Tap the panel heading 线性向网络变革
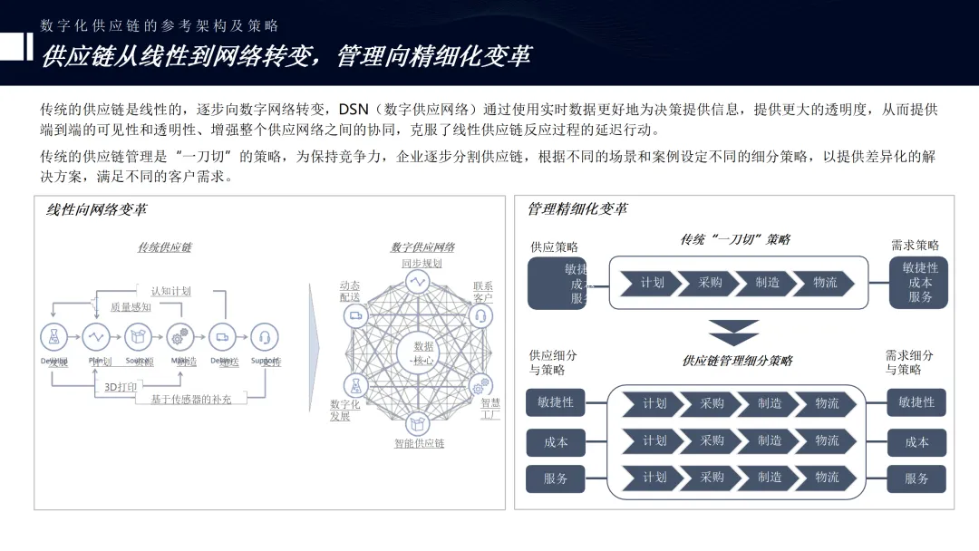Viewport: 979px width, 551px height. (97, 210)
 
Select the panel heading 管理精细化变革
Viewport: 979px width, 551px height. (577, 209)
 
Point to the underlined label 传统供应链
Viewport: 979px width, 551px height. (164, 247)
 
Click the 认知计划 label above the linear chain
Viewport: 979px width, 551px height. (171, 291)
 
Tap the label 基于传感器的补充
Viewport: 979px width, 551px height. (190, 399)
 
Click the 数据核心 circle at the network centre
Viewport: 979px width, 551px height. (422, 353)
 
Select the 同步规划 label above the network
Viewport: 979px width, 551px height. (422, 264)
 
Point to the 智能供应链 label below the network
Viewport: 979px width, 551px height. (419, 444)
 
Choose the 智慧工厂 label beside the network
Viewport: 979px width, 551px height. (490, 409)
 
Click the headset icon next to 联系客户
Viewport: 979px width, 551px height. (480, 315)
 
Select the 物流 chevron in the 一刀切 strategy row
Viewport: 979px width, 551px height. (825, 283)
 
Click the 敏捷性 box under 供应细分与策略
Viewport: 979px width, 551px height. (555, 402)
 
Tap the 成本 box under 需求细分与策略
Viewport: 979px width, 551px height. (916, 442)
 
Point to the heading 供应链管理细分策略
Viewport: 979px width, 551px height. (737, 361)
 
